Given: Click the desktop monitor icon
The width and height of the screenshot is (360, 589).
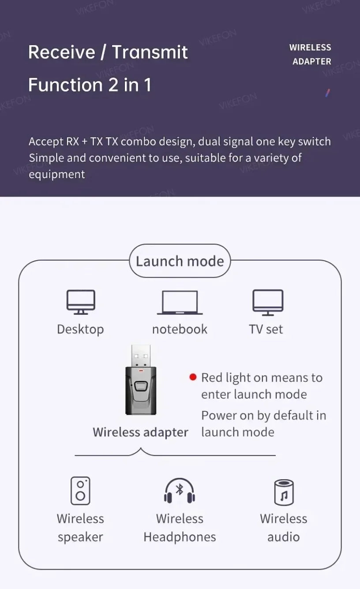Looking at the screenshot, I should [81, 302].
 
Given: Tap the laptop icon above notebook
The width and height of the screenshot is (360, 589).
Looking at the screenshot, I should [180, 303].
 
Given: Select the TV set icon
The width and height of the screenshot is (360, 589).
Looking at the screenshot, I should [268, 302].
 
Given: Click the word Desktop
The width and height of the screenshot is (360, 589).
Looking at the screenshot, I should [80, 329].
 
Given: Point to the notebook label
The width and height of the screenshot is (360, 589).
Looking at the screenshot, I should [180, 329].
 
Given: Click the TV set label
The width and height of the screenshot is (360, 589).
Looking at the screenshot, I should [266, 329].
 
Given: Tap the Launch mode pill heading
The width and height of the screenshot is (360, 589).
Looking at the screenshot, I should [180, 261].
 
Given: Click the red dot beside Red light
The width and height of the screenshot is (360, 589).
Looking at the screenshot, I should [193, 377].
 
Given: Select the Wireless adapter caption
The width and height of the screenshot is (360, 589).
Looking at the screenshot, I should [140, 432].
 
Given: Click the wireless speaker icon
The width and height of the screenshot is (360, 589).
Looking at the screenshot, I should [80, 490].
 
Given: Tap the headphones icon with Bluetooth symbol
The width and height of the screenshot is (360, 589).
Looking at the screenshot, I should [180, 491].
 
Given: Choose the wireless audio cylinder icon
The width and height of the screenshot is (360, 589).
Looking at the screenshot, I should [284, 491].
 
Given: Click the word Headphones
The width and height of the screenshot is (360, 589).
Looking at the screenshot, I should [180, 537].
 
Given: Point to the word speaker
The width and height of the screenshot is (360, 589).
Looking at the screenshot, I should [80, 537].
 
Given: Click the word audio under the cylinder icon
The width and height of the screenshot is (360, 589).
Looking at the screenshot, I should [284, 537].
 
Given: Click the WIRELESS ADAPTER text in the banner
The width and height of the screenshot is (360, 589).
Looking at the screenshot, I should [311, 54].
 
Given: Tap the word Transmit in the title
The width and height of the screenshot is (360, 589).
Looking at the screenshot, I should [150, 52].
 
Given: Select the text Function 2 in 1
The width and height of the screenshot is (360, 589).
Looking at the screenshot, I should [90, 85].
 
